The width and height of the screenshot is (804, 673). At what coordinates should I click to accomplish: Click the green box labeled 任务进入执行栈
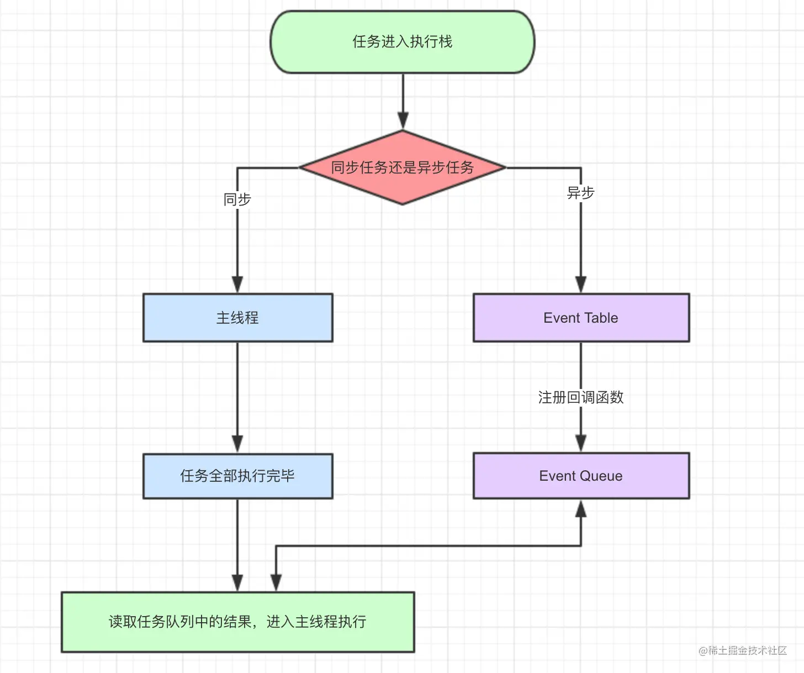tap(403, 42)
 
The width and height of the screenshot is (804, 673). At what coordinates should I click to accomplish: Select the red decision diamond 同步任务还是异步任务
tap(403, 167)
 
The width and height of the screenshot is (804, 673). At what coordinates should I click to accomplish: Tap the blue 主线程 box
tap(237, 318)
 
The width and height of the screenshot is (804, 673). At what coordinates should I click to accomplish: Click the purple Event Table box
tap(581, 318)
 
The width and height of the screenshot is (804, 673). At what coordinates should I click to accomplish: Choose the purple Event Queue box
tap(581, 476)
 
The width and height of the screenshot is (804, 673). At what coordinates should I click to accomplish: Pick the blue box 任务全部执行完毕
tap(237, 476)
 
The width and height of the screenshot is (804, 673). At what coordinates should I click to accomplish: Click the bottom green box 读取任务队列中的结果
tap(237, 622)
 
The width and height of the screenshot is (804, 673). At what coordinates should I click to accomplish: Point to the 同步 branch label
tap(237, 199)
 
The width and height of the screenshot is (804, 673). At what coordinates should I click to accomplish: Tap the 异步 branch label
tap(581, 193)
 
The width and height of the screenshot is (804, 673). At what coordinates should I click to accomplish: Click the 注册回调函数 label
tap(581, 397)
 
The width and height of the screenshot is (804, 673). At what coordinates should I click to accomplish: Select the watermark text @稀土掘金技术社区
tap(743, 650)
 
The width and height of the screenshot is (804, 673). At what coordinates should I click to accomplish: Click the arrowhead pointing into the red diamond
tap(403, 120)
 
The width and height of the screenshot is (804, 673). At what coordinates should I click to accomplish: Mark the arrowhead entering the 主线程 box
tap(237, 284)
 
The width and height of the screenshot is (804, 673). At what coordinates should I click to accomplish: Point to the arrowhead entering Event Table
tap(581, 284)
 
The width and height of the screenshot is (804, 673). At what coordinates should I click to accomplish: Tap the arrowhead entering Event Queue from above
tap(581, 443)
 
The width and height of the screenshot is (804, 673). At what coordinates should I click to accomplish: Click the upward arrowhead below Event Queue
tap(581, 509)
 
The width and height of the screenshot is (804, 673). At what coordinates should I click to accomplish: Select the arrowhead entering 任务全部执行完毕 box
tap(237, 444)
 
